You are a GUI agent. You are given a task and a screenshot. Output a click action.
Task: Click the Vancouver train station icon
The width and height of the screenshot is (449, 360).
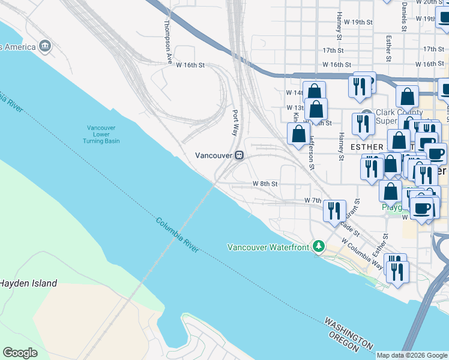click(x=239, y=155)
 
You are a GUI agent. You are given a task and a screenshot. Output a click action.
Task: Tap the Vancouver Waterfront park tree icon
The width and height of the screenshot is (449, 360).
click(x=319, y=247)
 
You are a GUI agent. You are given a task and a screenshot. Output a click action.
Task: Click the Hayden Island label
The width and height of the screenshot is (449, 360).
click(x=28, y=283)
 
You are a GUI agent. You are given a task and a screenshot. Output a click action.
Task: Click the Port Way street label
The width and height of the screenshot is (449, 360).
click(x=237, y=124)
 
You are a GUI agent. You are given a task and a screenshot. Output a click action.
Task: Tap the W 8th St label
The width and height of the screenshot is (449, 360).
click(x=265, y=184)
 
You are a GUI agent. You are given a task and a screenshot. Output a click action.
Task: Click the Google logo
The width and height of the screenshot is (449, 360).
click(x=20, y=353)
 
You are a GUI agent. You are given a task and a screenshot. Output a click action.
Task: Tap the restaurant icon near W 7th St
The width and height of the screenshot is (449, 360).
click(x=334, y=211)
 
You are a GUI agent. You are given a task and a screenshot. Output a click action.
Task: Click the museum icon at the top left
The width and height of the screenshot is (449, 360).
click(x=45, y=46)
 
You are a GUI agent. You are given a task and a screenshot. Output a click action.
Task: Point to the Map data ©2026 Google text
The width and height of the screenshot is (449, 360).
click(x=412, y=355)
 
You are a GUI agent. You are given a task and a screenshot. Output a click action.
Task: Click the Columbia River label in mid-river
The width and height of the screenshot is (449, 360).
click(x=177, y=235)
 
